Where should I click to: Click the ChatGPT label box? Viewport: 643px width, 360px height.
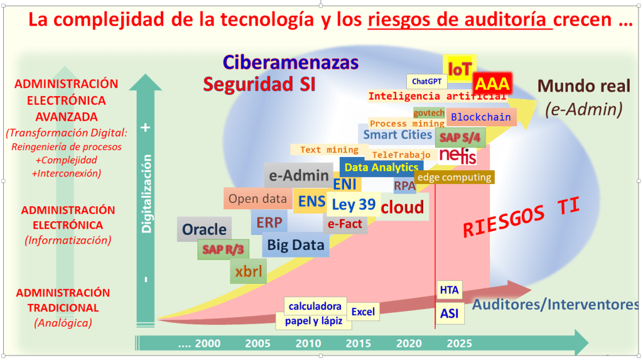point(426,82)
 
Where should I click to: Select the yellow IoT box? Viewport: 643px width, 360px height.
point(459,69)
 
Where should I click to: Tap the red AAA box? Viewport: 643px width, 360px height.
point(492,84)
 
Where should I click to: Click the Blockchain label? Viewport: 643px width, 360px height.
point(481,117)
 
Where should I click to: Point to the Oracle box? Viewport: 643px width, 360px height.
point(204,229)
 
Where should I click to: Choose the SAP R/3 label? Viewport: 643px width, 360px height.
point(222,249)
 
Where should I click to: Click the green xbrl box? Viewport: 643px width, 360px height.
point(248,271)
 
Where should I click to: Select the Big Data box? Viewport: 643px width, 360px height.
point(295,244)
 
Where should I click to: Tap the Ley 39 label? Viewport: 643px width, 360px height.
point(354,204)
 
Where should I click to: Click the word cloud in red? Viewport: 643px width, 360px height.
point(403,207)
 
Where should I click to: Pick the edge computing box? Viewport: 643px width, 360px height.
point(454,177)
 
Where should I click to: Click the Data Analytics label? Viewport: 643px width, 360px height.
point(381,167)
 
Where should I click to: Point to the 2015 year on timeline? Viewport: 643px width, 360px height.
point(358,344)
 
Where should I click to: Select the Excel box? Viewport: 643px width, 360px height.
point(362,312)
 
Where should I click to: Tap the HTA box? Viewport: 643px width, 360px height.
point(449,290)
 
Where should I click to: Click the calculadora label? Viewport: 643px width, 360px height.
point(315,306)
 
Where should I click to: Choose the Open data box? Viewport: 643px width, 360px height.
point(257,199)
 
